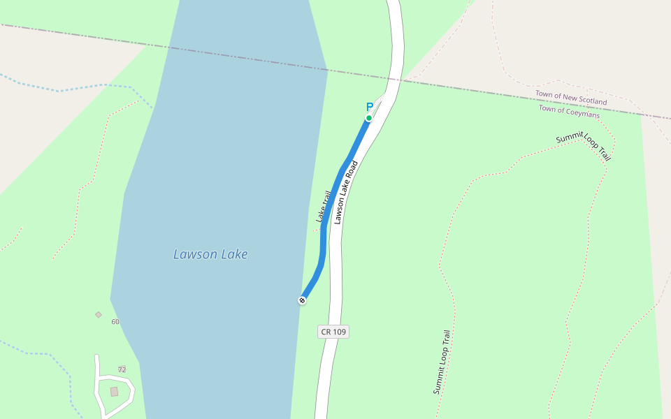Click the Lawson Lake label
tap(210, 254)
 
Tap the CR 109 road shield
tap(333, 332)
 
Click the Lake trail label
tap(322, 207)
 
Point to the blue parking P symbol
tap(370, 107)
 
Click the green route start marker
tap(369, 118)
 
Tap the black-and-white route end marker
tap(302, 300)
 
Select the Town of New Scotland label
tap(571, 97)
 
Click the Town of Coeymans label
tap(569, 111)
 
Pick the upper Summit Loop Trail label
tap(584, 146)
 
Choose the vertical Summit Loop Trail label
tap(441, 362)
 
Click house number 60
tap(115, 322)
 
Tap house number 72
tap(122, 369)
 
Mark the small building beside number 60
tap(99, 315)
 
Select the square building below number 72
tap(114, 392)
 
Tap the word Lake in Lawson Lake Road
tap(344, 196)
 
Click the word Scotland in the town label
tap(591, 101)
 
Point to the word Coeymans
tap(584, 113)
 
